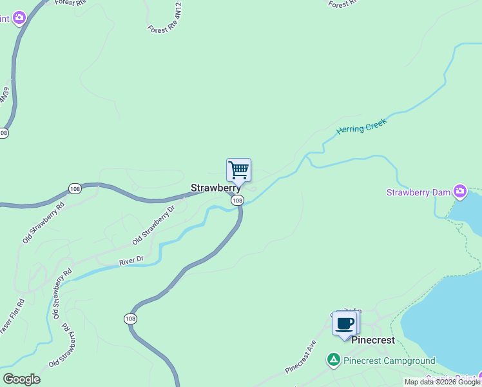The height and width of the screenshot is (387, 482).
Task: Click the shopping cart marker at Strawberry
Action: tap(238, 170)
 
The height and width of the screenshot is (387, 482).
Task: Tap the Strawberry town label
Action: tap(215, 188)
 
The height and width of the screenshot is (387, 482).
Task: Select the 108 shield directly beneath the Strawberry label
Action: tap(237, 201)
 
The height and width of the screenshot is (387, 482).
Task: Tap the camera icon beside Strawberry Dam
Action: tap(459, 191)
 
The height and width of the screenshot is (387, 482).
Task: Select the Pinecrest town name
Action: tap(372, 340)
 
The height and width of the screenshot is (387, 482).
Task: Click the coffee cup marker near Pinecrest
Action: tap(345, 323)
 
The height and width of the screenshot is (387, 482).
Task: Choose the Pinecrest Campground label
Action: tap(389, 361)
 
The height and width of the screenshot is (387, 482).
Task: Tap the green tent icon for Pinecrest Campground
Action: tap(333, 360)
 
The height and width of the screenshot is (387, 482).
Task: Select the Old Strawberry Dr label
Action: tap(153, 225)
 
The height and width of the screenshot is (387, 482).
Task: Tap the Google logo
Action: tap(21, 379)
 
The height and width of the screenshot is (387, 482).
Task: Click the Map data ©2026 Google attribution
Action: tap(442, 382)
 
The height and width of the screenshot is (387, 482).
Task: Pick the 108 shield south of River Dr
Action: tap(130, 319)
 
